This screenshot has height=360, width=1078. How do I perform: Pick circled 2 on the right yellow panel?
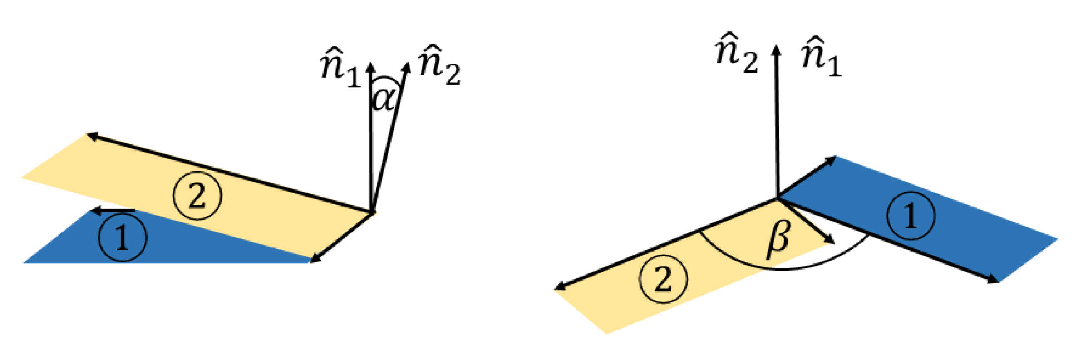(663, 278)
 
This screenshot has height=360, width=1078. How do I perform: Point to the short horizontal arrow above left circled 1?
(113, 211)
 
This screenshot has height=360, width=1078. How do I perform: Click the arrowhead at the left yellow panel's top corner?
(91, 135)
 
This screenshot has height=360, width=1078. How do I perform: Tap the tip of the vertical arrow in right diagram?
(777, 47)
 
